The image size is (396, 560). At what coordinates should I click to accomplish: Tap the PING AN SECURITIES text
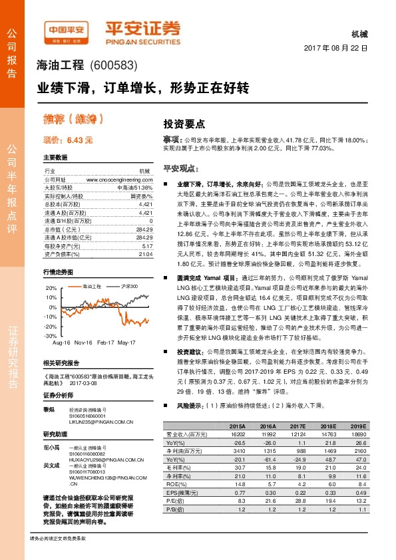(143, 38)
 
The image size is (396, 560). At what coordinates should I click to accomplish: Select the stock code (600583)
(112, 66)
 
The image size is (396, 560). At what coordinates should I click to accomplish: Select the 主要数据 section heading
(55, 158)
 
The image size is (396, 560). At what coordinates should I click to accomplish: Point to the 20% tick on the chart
(52, 288)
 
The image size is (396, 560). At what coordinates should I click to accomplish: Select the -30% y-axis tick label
(51, 337)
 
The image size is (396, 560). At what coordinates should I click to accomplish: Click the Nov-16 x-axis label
(83, 342)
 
